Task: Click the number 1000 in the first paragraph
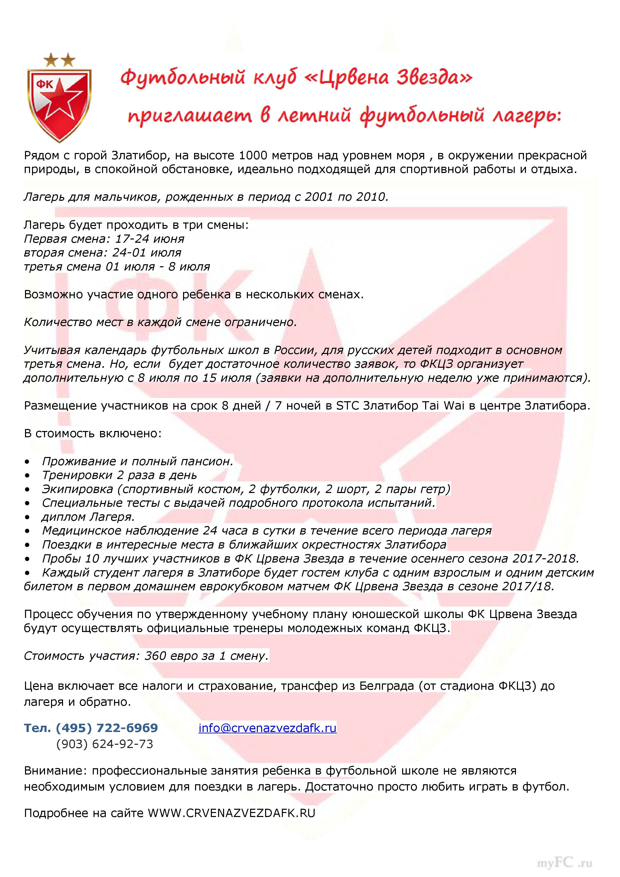coord(254,156)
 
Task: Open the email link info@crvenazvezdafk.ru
coord(267,728)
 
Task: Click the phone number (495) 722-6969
coord(107,728)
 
